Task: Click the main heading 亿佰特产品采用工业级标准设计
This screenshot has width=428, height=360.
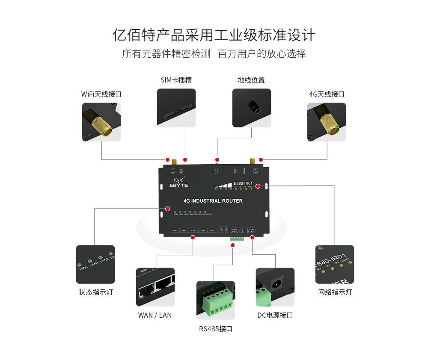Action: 214,35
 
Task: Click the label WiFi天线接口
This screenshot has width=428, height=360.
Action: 101,94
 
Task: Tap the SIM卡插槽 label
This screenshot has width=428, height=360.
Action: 176,80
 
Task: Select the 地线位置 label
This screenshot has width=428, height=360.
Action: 251,80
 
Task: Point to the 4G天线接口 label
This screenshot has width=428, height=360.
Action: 327,94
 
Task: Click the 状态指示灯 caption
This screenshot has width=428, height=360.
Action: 95,292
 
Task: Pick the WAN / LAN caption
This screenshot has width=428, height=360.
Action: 155,315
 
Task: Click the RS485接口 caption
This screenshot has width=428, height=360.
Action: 216,329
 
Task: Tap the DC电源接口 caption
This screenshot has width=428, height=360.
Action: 275,315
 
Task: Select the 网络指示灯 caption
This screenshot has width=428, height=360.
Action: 335,292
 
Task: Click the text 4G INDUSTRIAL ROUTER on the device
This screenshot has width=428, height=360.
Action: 213,201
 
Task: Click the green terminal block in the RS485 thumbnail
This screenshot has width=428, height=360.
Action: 218,301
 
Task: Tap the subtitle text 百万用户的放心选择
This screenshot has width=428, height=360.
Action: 262,54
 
